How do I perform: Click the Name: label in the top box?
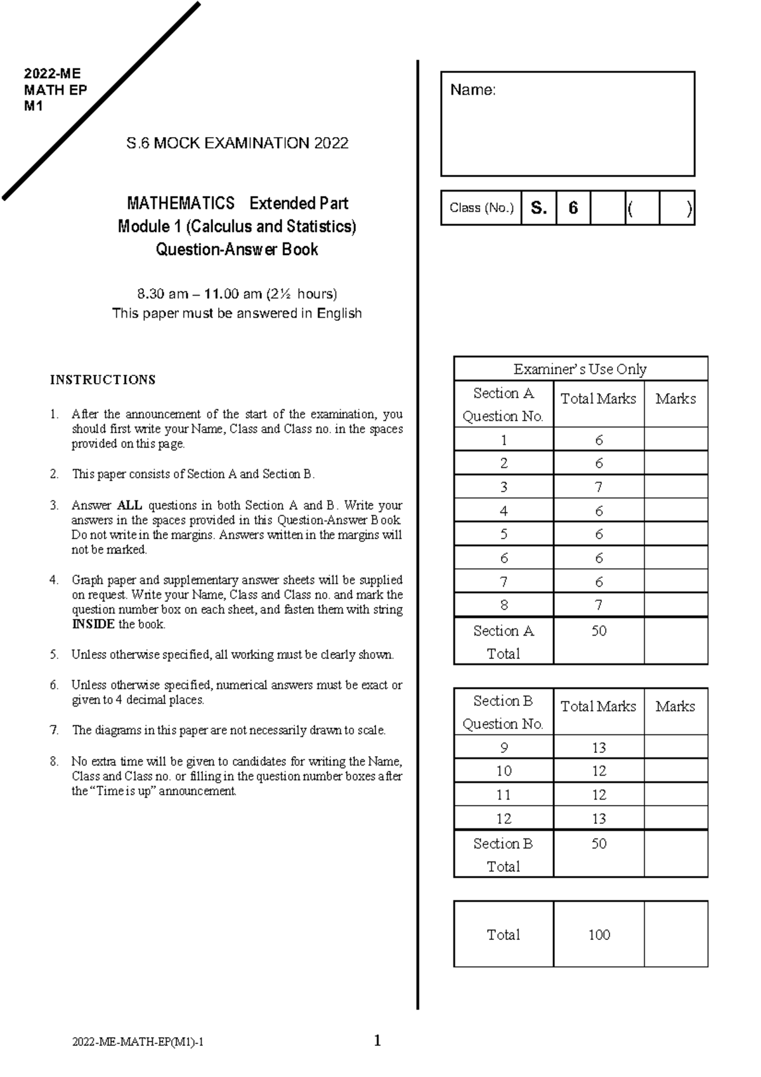(x=472, y=90)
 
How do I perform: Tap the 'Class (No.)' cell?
(x=481, y=208)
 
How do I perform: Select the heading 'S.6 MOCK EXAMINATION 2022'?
(x=237, y=143)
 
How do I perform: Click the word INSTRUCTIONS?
(x=103, y=380)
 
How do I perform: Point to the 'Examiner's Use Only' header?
(x=580, y=369)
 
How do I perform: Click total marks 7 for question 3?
(x=599, y=487)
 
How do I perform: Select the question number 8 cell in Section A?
(x=504, y=605)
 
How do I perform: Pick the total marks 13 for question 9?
(x=599, y=748)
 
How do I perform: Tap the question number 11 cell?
(x=504, y=795)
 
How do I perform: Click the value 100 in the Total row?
(x=599, y=934)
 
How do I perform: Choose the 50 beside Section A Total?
(x=599, y=630)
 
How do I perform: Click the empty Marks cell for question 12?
(x=675, y=818)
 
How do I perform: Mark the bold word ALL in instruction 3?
(x=129, y=506)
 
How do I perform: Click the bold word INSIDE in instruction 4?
(x=93, y=624)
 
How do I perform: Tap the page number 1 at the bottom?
(x=377, y=1040)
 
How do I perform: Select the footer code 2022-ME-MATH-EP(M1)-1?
(x=138, y=1042)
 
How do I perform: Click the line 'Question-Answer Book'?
(x=237, y=249)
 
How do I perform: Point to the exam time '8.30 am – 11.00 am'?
(x=199, y=294)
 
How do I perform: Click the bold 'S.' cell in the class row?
(x=538, y=208)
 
